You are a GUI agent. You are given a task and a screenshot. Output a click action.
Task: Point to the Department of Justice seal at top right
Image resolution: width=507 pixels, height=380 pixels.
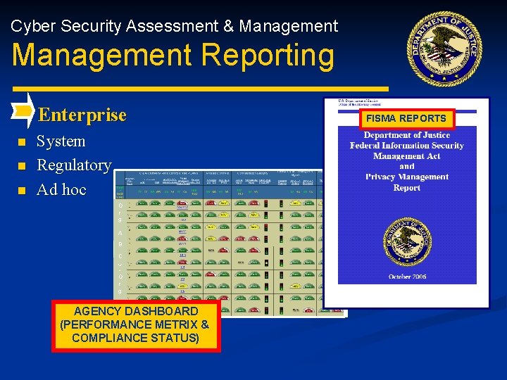click(446, 46)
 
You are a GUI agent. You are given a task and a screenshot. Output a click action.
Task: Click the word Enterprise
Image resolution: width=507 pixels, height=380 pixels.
click(82, 115)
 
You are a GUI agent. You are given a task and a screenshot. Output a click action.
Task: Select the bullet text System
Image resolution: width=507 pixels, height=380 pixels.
click(61, 141)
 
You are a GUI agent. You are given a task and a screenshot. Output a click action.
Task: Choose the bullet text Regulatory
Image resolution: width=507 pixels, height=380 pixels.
click(74, 165)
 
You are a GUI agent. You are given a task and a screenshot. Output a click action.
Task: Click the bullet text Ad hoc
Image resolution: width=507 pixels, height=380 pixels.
click(61, 189)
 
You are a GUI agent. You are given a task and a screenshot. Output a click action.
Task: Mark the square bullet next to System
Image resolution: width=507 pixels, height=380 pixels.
click(22, 143)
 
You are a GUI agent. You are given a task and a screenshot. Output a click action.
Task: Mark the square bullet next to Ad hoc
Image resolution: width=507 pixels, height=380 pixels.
click(22, 191)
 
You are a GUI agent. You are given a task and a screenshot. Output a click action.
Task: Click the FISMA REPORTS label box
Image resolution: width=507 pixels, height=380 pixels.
click(406, 118)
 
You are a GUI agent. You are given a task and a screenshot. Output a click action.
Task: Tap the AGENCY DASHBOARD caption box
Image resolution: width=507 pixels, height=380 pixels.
click(136, 325)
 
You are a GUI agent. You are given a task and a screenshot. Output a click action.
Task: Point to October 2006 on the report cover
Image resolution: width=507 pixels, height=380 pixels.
click(407, 277)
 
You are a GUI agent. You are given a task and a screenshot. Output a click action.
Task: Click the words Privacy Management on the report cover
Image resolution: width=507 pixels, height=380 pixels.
click(407, 177)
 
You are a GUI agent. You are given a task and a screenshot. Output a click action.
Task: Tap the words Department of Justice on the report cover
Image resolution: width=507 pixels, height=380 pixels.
click(407, 135)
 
